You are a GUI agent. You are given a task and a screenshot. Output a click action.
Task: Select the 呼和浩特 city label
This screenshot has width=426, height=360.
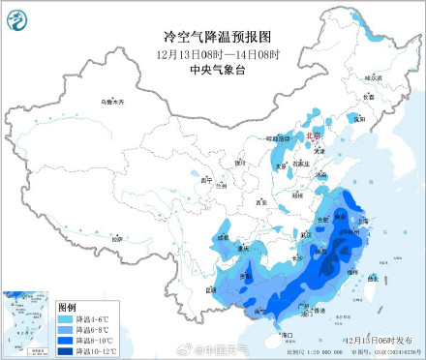click(x=281, y=138)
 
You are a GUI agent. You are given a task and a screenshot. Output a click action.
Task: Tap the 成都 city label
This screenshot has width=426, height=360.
click(x=224, y=236)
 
